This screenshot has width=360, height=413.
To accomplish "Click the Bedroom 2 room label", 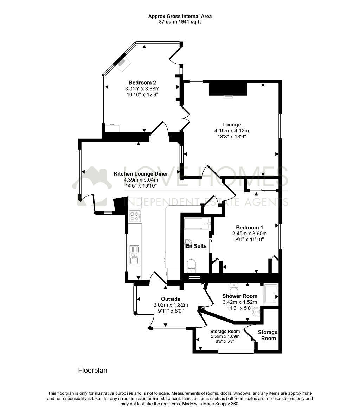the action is (142, 83).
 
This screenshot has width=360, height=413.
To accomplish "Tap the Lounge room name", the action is (232, 125).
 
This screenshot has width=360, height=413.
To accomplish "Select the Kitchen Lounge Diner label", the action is (141, 174).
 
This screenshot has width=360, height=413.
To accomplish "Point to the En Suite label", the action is (196, 246).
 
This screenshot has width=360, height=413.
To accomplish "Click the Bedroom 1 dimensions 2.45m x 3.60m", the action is (250, 234).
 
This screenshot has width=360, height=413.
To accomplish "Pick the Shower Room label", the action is (240, 296).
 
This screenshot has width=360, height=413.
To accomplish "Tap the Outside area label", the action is (171, 299).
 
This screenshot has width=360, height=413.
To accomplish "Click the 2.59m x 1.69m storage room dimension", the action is (225, 336).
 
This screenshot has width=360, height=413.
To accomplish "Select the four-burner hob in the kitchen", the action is (135, 216).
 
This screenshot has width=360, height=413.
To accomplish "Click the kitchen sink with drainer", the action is (135, 256).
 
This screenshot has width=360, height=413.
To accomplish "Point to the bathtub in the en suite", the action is (197, 224).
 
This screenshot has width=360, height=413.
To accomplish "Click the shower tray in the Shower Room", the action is (271, 294).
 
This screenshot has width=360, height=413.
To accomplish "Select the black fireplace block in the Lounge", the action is (228, 89).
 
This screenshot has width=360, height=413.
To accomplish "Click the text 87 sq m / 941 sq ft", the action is (180, 22).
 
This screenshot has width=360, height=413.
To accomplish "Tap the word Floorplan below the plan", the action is (92, 370).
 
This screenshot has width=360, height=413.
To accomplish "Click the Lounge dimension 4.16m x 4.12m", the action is (232, 131).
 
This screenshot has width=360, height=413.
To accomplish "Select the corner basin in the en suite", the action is (188, 243).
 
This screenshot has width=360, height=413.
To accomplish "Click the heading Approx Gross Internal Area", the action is (180, 16).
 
